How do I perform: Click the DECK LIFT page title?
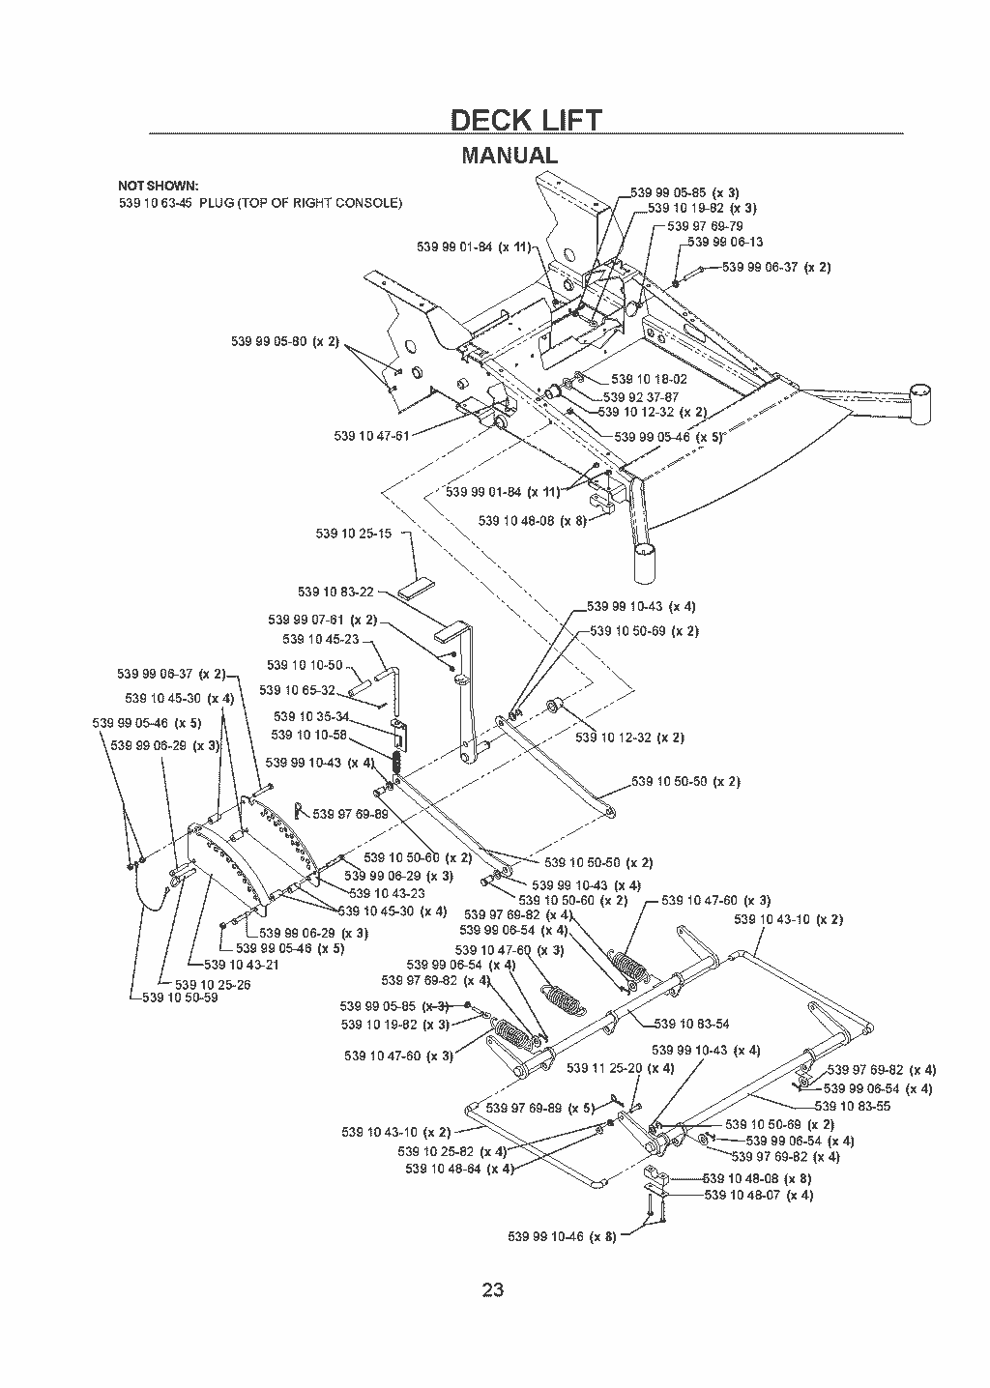click(526, 120)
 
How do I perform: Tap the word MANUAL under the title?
click(510, 155)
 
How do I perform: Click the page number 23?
click(493, 1290)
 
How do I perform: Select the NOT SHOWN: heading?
click(159, 186)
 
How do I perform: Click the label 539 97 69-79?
click(705, 226)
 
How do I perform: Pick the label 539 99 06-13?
click(725, 242)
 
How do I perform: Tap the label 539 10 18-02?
click(649, 379)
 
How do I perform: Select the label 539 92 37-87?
click(641, 397)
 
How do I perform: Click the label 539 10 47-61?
click(371, 436)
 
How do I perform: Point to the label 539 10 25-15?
click(353, 534)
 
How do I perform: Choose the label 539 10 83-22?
click(336, 593)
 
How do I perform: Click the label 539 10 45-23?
click(321, 640)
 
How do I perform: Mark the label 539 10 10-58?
click(308, 735)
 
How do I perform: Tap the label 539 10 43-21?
click(242, 965)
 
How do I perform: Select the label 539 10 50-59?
click(180, 998)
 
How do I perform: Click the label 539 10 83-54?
click(691, 1024)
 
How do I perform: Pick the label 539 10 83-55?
click(853, 1106)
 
